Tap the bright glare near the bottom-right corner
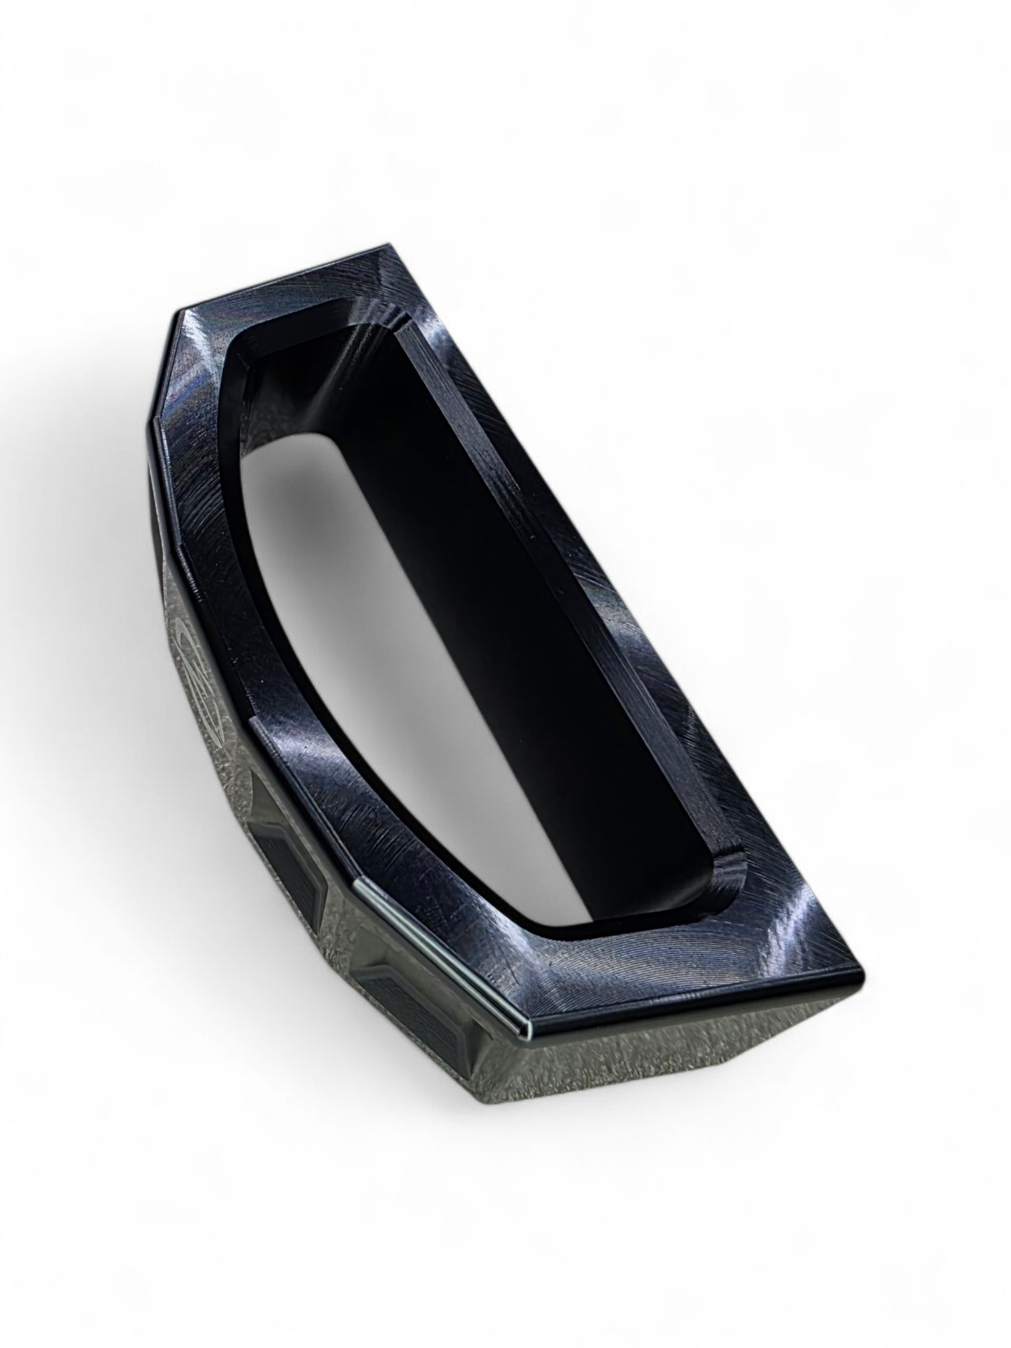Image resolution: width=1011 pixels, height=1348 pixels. point(786,938)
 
